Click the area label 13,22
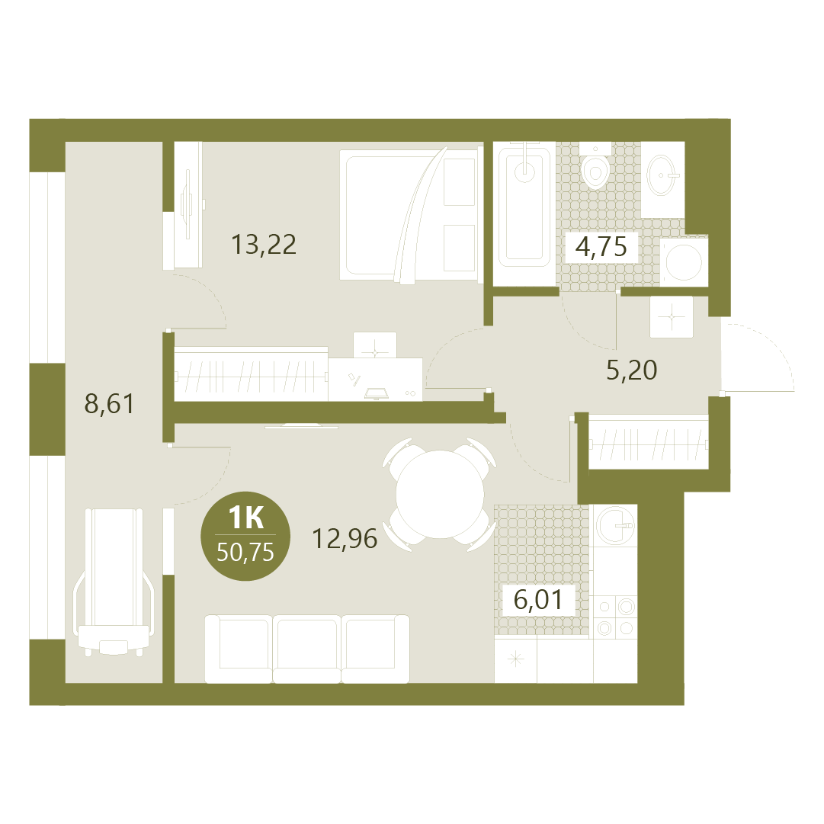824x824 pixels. [x=264, y=245]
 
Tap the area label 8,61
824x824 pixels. [x=109, y=403]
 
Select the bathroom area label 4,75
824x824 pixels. [x=601, y=246]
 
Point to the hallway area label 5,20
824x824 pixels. [x=632, y=370]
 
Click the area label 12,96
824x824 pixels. [x=345, y=539]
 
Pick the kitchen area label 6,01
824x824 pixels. [x=537, y=600]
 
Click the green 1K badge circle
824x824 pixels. [x=245, y=536]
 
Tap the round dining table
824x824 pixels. [x=440, y=495]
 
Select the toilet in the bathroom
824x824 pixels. [x=595, y=165]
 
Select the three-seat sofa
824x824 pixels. [x=307, y=649]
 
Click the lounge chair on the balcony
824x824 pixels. [x=114, y=581]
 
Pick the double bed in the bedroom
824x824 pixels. [x=411, y=216]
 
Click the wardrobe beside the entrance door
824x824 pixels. [x=647, y=441]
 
